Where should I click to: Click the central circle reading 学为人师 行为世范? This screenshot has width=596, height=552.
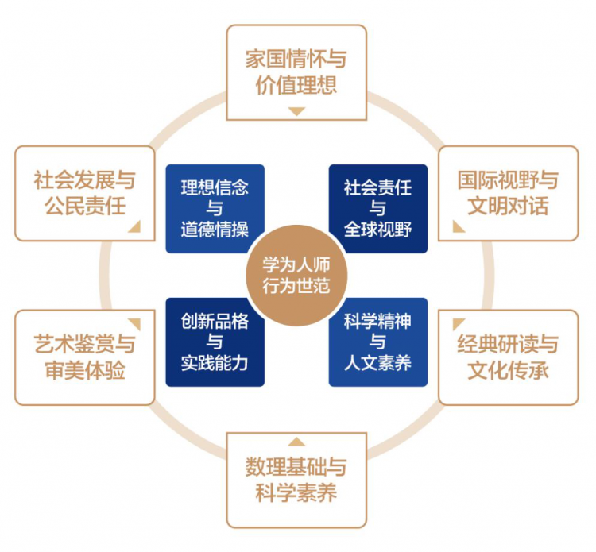click(296, 276)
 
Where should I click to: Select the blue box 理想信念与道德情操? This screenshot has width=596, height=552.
click(215, 209)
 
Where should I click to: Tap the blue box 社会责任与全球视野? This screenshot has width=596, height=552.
click(377, 209)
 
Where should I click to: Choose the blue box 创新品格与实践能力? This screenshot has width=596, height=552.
click(215, 342)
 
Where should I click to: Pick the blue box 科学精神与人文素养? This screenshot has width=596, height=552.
click(377, 342)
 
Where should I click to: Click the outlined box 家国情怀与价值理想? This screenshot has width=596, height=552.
click(296, 72)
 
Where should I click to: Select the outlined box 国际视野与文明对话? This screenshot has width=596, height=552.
click(509, 193)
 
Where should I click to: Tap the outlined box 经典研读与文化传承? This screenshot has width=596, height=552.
click(509, 357)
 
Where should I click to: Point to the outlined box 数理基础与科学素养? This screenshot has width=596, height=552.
click(296, 481)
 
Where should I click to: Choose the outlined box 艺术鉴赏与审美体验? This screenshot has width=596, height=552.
click(85, 357)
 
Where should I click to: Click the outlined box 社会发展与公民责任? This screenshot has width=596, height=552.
click(85, 193)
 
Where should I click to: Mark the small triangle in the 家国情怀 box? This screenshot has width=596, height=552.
click(297, 111)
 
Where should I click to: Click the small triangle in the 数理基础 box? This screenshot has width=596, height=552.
click(297, 442)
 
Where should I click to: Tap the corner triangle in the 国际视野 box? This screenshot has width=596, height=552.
click(457, 228)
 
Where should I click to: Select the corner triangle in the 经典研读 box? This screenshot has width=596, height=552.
click(457, 323)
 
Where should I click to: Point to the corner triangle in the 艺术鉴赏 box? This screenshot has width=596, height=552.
click(136, 323)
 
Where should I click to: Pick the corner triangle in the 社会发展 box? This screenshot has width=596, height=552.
click(136, 228)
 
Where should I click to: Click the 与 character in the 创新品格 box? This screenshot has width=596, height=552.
click(215, 342)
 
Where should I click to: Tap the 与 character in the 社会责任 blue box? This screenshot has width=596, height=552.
click(377, 208)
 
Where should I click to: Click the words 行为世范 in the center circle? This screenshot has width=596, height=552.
click(296, 286)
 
